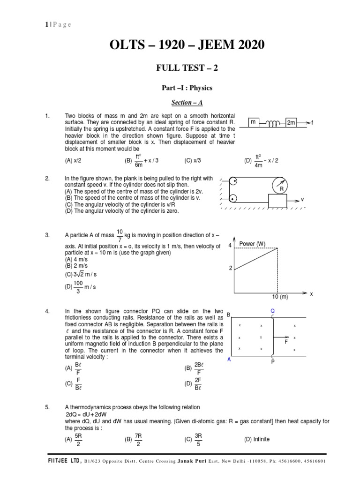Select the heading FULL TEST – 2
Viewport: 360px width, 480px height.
pyautogui.click(x=187, y=68)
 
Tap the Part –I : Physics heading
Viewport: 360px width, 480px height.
pyautogui.click(x=187, y=88)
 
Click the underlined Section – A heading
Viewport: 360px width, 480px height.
pyautogui.click(x=187, y=102)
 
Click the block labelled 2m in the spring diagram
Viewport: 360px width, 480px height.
pyautogui.click(x=291, y=122)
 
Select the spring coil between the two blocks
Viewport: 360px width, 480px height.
pyautogui.click(x=273, y=123)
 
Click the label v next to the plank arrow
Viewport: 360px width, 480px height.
pyautogui.click(x=303, y=199)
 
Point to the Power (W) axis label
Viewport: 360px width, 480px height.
pyautogui.click(x=252, y=244)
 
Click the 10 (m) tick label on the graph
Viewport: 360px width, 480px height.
pyautogui.click(x=280, y=297)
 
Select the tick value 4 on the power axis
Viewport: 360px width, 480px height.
pyautogui.click(x=230, y=245)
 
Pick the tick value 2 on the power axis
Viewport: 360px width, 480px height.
pyautogui.click(x=230, y=268)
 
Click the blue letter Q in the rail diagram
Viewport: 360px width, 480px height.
pyautogui.click(x=273, y=310)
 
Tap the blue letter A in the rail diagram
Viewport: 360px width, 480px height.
pyautogui.click(x=229, y=360)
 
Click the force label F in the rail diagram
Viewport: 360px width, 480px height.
pyautogui.click(x=285, y=343)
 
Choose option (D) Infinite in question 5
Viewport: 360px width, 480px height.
pyautogui.click(x=257, y=439)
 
